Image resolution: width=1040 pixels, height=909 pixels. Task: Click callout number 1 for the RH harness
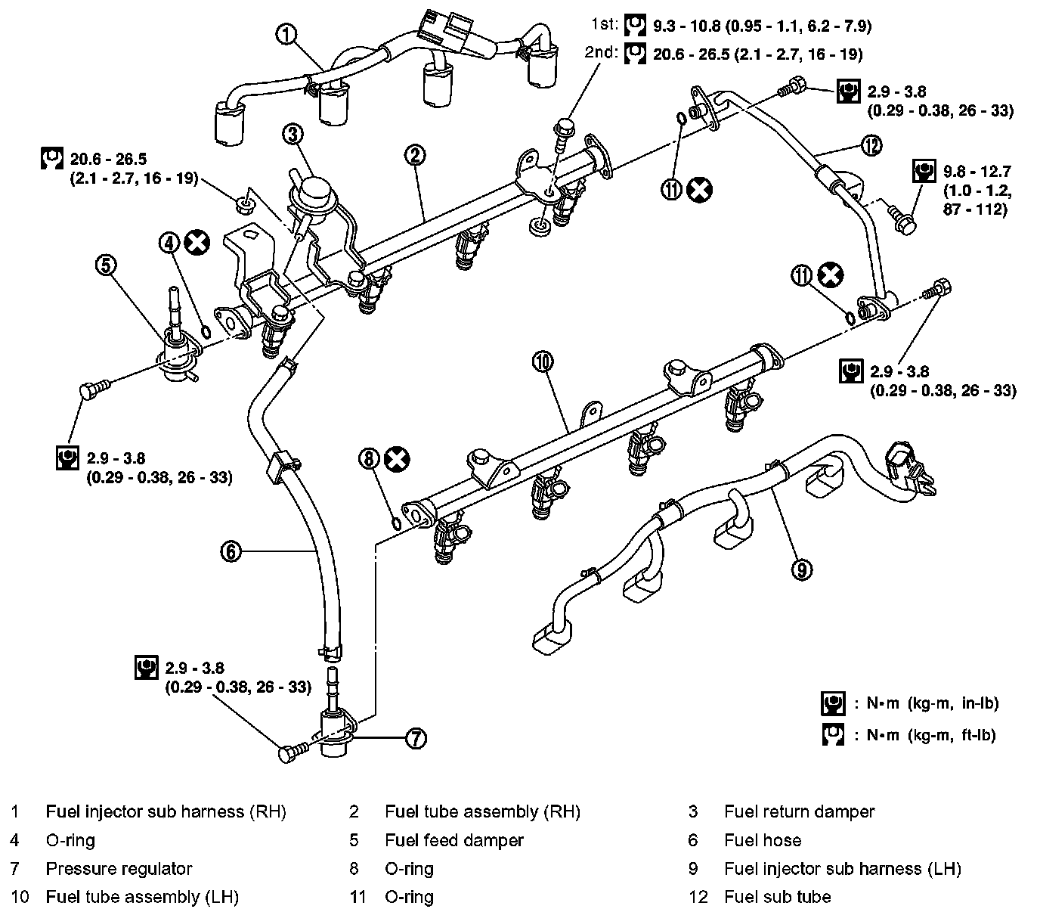point(286,34)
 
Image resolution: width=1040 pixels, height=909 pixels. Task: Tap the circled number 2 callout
point(415,156)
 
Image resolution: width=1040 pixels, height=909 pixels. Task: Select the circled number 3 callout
point(292,135)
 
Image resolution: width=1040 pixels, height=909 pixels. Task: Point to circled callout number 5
point(107,265)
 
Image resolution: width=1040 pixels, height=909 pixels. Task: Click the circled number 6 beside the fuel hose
point(231,551)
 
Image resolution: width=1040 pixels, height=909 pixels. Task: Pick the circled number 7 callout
point(416,738)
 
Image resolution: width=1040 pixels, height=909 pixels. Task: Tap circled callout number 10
point(542,362)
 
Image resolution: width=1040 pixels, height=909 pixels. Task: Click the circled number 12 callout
point(871,145)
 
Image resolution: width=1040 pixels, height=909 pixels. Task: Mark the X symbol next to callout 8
point(396,458)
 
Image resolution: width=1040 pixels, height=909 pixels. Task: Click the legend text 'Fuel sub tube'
point(777,897)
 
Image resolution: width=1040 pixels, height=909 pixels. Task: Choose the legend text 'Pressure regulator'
point(119,869)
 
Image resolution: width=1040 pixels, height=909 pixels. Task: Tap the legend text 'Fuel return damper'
point(799,812)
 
